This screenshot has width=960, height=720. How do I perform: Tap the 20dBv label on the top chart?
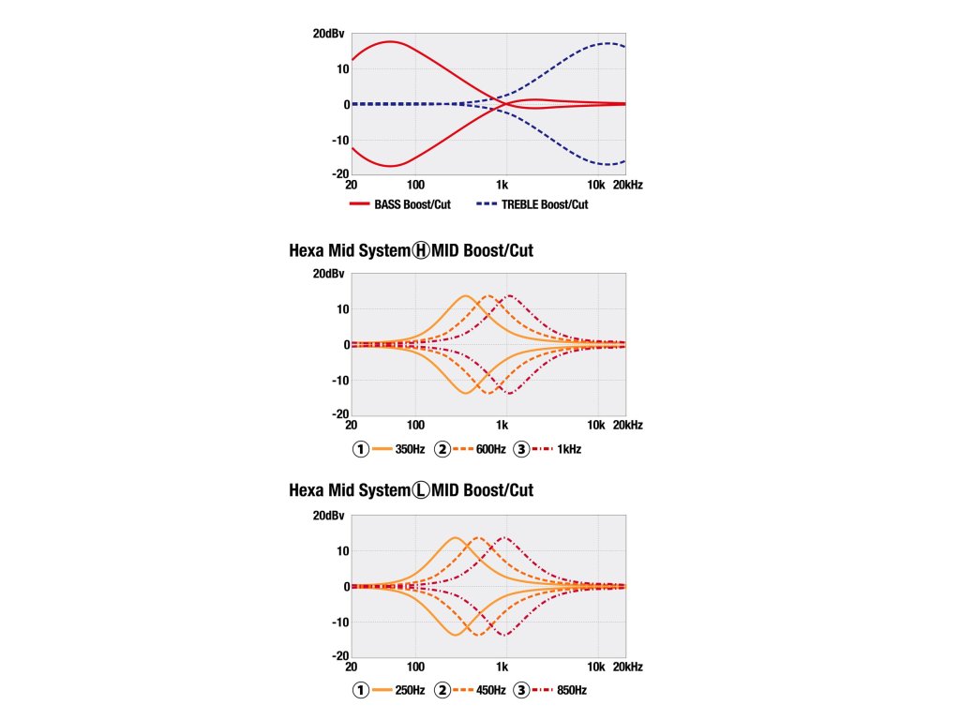click(x=329, y=34)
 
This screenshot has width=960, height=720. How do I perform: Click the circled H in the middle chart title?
click(x=421, y=250)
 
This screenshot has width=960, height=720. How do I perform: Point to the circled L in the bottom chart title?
click(x=421, y=490)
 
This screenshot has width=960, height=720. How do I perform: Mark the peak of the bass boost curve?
click(x=388, y=41)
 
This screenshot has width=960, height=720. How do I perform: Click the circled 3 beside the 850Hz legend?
click(x=522, y=691)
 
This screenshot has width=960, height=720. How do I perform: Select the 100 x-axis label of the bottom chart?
click(x=415, y=667)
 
